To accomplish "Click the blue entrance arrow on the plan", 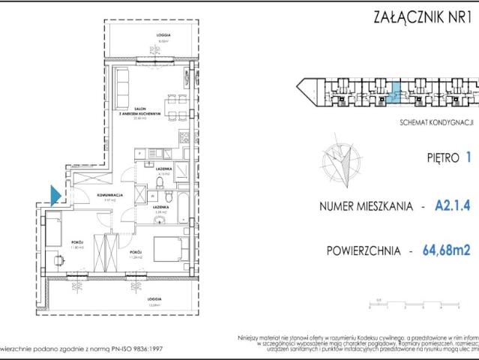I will [x=55, y=195].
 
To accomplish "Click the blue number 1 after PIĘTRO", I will [x=469, y=157].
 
